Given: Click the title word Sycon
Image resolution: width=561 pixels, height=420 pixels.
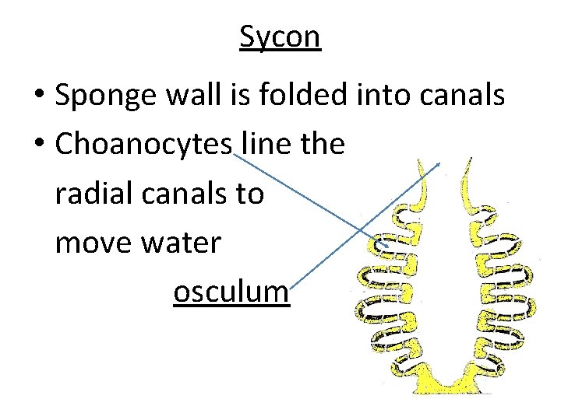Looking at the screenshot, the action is click(x=280, y=37).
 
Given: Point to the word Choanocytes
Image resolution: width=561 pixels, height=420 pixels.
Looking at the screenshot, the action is click(x=144, y=145).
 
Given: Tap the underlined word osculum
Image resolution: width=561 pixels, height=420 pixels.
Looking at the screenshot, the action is click(x=231, y=292).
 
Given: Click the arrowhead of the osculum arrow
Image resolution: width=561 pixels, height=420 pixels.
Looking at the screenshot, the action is click(x=439, y=164).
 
